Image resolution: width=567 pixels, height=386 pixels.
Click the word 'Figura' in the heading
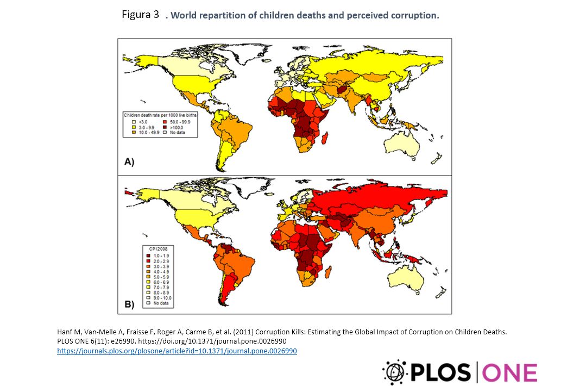click(x=136, y=14)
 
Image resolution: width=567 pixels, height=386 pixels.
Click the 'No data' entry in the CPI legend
click(x=160, y=303)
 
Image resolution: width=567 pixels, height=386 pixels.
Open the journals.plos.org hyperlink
click(x=177, y=351)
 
